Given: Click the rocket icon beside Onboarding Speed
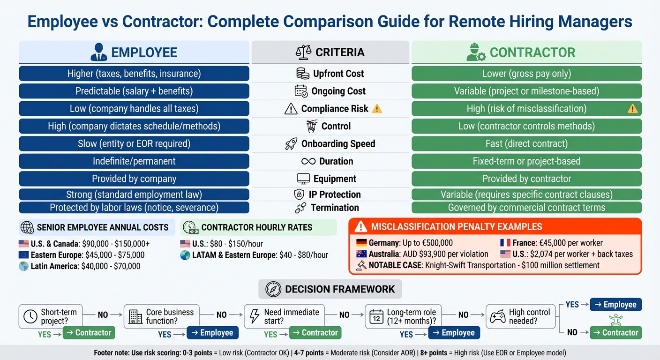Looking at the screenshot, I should click(291, 144).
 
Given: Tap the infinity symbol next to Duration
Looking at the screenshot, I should click(308, 161).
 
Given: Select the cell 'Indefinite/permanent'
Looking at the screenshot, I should click(134, 161).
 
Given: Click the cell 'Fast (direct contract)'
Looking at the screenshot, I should click(526, 144).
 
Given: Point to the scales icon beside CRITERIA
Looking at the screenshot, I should click(304, 52).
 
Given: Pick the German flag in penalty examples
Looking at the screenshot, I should click(361, 243).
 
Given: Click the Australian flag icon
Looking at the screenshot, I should click(361, 254).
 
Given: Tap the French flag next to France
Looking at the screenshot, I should click(505, 243).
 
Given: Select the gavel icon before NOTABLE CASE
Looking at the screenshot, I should click(361, 265).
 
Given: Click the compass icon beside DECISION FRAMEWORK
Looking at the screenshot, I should click(273, 289).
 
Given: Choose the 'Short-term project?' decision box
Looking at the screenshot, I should click(51, 316).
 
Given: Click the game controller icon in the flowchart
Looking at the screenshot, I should click(497, 317).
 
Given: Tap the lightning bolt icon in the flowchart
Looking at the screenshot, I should click(255, 317).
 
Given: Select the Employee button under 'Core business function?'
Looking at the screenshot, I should click(212, 333).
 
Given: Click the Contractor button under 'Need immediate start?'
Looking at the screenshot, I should click(315, 333).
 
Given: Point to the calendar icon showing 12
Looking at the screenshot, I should click(376, 317).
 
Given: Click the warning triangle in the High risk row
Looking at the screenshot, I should click(632, 109).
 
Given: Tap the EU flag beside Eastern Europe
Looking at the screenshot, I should click(24, 255).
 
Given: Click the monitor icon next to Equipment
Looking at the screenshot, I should click(304, 179).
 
